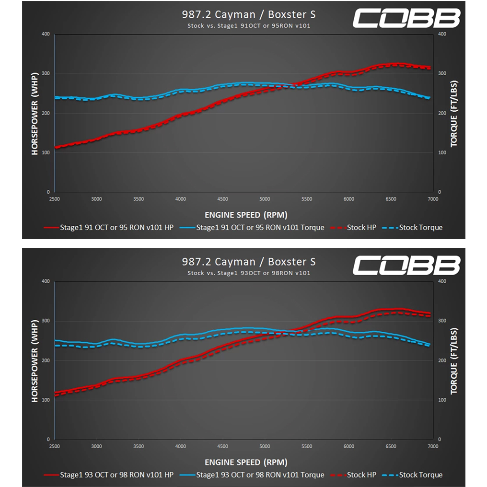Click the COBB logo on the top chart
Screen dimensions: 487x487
406,18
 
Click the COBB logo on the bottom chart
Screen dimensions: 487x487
406,265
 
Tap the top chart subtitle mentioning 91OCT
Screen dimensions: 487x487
249,26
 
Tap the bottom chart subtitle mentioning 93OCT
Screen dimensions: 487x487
249,273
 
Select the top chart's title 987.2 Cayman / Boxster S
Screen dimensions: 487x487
249,14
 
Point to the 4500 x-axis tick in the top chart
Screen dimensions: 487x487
222,199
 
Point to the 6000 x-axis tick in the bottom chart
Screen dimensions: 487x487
349,446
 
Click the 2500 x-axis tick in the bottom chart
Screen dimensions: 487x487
54,446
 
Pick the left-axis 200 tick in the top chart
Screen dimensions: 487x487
46,113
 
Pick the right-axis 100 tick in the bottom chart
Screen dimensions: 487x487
442,400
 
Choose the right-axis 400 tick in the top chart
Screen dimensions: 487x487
442,34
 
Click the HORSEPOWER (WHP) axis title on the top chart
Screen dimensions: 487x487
35,114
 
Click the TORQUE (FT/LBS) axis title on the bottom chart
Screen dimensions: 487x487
454,361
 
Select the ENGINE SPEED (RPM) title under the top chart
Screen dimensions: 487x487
246,215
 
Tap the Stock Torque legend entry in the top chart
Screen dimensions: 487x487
412,228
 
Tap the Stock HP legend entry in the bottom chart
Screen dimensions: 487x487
353,475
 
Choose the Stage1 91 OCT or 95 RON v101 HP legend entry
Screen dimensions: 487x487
109,228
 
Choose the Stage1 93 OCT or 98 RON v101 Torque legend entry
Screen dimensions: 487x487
252,475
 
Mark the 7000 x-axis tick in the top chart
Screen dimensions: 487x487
433,199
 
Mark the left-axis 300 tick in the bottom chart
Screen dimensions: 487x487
46,321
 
